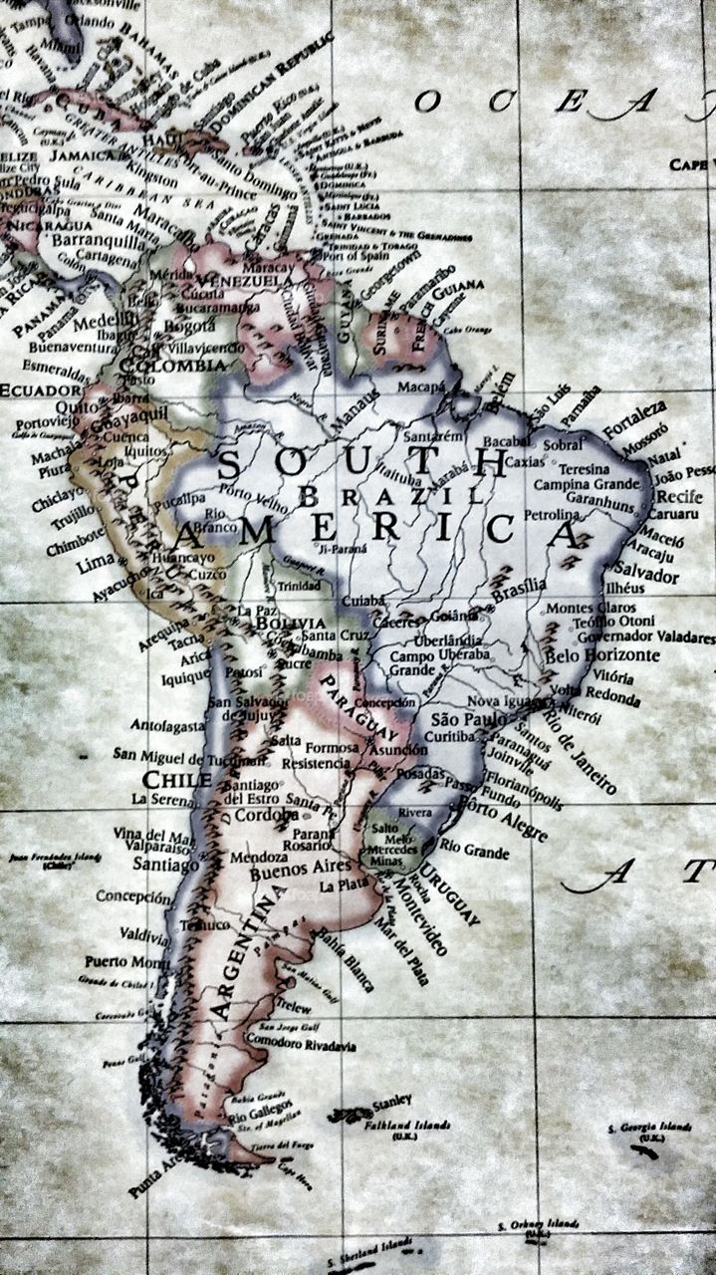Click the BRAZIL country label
(x=388, y=495)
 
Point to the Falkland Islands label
(x=411, y=1125)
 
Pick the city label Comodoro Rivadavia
(x=301, y=1046)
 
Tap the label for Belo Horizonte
(x=601, y=655)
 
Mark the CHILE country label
(x=176, y=779)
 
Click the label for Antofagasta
(x=166, y=725)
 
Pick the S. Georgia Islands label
(x=649, y=1128)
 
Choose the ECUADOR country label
(x=40, y=389)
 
